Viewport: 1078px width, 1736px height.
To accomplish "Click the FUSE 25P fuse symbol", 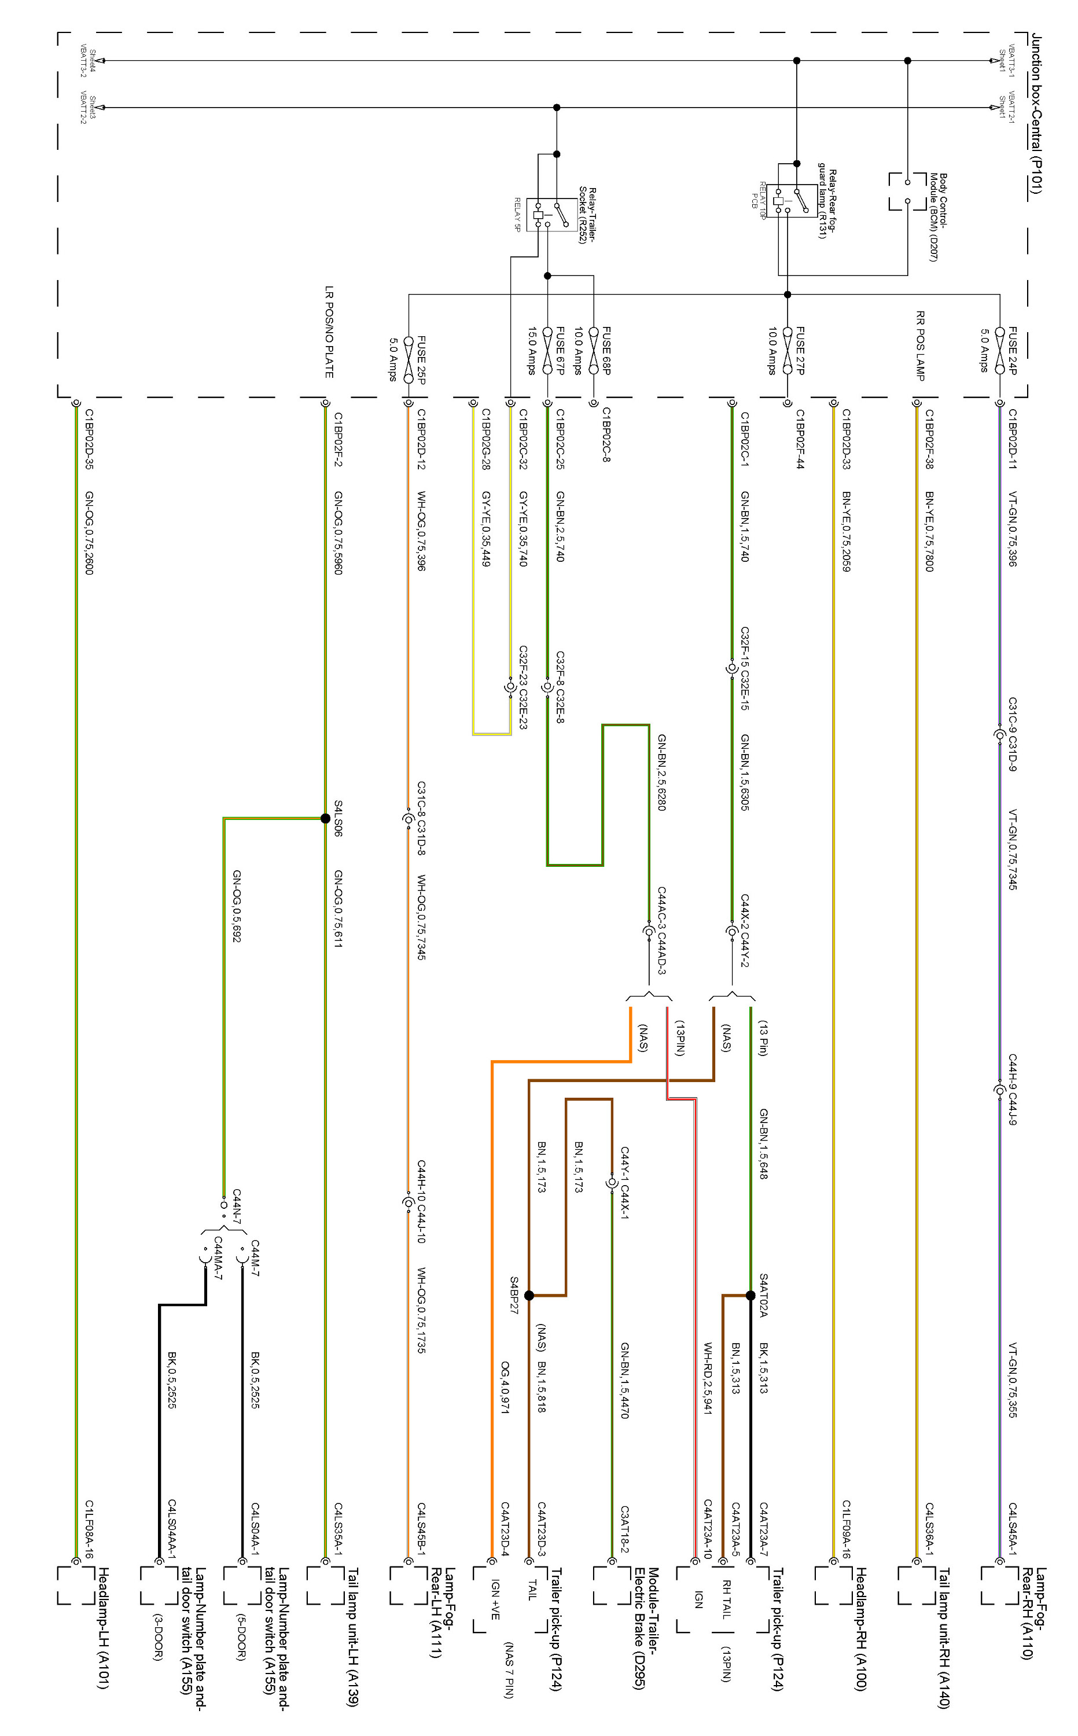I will pyautogui.click(x=408, y=360).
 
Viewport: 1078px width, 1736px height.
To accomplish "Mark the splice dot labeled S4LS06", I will pyautogui.click(x=325, y=818).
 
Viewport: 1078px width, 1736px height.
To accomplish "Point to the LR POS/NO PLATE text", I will pyautogui.click(x=329, y=332).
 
